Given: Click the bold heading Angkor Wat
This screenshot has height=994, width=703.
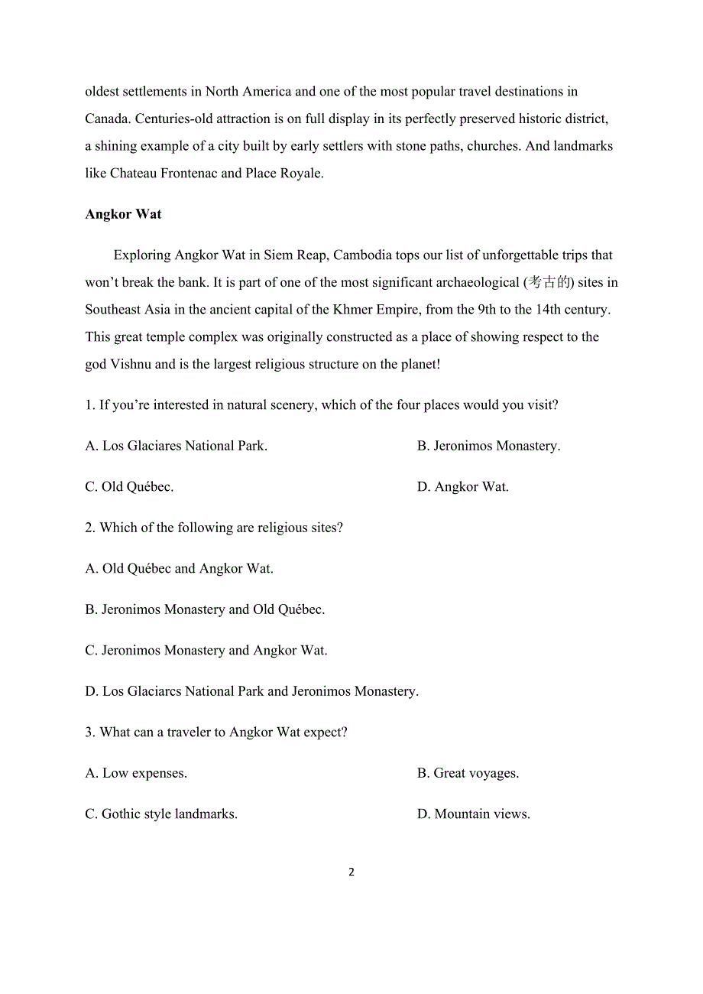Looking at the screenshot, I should coord(123,214).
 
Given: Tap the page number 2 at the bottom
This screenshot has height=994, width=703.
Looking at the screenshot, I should coord(351,872).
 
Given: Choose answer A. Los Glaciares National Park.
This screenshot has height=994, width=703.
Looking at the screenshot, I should coord(176,446).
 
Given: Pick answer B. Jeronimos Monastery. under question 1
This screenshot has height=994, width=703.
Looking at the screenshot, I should coord(488,446).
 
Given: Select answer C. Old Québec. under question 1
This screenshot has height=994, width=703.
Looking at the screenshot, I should coord(129,487).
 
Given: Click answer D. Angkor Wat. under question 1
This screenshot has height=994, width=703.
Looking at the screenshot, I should coord(462,487).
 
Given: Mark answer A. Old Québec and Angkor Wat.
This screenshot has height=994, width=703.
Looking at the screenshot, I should coord(179,569).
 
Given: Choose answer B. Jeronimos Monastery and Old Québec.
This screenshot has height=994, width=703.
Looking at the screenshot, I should coord(205,610).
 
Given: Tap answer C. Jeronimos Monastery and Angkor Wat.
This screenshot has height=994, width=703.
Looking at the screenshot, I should coord(206,651).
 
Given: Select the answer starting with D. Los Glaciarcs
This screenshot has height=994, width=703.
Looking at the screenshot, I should coord(251,692).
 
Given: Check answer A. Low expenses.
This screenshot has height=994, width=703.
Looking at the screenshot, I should coord(136,774).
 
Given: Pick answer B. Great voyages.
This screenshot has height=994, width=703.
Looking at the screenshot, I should coord(468,774).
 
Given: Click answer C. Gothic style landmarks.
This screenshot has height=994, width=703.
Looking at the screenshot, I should coord(161,814).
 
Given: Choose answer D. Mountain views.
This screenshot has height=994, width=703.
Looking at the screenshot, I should coord(473,814).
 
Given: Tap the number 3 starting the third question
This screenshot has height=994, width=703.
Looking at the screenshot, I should coord(89,733).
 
